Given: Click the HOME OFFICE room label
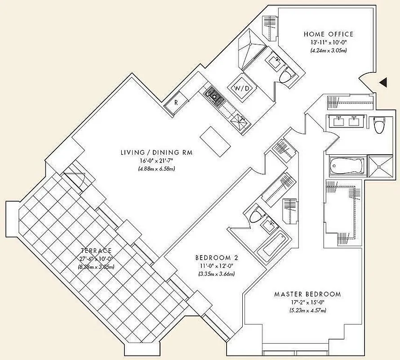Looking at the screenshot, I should coord(328,34).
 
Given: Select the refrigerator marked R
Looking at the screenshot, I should coord(176,102).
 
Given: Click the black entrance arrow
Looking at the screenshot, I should coord(383,82).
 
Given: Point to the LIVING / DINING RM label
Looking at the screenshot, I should coord(156,153).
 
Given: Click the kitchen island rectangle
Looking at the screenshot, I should coord(215,139).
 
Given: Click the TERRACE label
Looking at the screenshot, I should coord(97,250).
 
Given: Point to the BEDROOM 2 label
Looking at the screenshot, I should coord(216,258).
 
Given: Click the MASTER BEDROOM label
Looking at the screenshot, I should coord(307,294).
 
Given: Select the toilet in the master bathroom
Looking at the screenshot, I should coord(378,125).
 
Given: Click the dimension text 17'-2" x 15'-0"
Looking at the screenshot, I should coord(307,303).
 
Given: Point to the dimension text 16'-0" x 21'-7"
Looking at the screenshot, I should coord(156,161).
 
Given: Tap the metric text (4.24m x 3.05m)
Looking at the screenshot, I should coord(328,50).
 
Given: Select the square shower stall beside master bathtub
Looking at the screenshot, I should coord(379,166).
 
